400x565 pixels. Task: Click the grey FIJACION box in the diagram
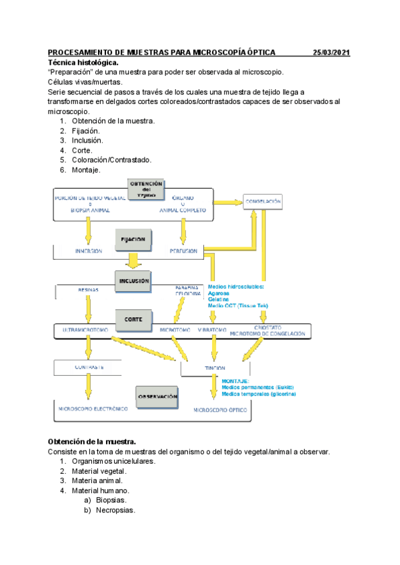[134, 238]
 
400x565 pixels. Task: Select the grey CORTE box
[134, 319]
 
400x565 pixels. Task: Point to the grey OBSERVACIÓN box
[158, 396]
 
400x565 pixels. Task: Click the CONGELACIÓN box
[263, 201]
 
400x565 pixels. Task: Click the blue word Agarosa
[223, 293]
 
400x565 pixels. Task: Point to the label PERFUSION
[183, 251]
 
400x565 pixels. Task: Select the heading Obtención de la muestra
[92, 442]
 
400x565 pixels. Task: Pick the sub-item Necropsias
[115, 510]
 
